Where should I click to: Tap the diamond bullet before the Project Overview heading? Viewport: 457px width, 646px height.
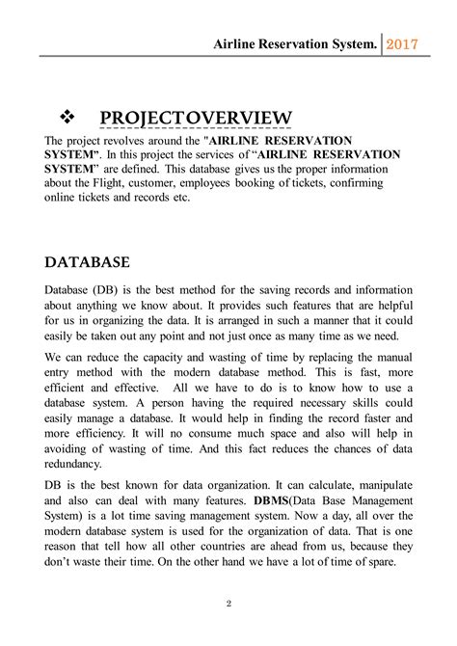68,117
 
